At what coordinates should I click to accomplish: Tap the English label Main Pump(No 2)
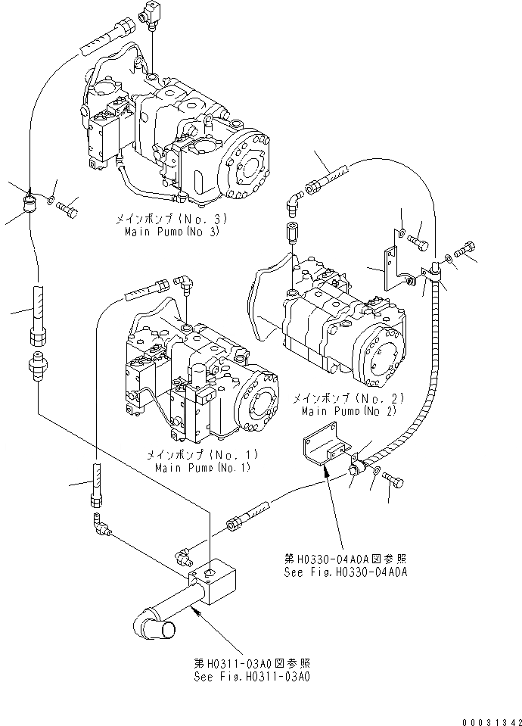[349, 411]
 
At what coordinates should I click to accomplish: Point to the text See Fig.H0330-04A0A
[346, 572]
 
